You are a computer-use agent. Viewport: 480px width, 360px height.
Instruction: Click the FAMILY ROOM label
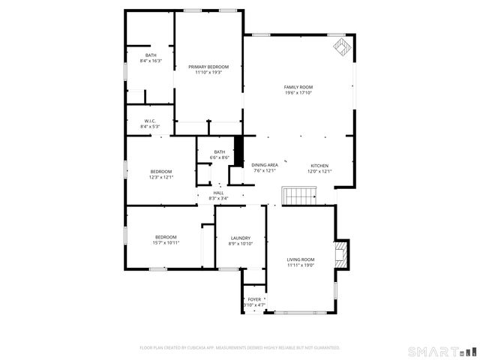pos(298,87)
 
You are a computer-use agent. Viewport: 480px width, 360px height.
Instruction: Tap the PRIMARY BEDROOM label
pos(208,67)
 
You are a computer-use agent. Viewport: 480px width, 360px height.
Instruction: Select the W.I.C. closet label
pos(150,121)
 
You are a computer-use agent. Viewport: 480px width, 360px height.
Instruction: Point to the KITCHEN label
pos(320,165)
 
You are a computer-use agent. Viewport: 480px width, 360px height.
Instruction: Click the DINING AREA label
pos(265,165)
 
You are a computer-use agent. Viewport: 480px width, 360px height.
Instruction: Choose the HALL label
pos(219,193)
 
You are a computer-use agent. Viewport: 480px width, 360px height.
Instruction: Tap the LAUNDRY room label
pos(241,238)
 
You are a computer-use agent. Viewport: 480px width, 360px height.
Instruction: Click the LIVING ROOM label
pos(301,259)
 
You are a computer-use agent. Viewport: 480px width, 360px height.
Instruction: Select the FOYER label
pos(254,299)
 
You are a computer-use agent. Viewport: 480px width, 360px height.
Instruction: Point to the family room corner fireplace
pos(342,48)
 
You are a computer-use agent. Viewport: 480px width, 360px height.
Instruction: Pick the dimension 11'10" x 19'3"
pos(208,73)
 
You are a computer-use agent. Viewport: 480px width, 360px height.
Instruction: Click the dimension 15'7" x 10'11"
pos(166,242)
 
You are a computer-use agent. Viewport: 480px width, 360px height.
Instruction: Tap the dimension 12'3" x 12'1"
pos(161,177)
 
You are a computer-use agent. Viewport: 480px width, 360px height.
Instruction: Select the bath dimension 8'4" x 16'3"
pos(151,61)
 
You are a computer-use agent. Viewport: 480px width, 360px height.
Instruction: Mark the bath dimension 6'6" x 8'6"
pos(219,157)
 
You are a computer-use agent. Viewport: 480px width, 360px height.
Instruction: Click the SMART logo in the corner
pos(442,351)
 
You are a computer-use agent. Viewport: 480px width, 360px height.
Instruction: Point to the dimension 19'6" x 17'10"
pos(298,93)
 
